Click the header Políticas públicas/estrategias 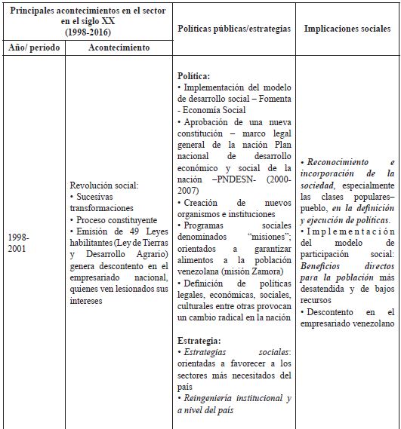click(233, 29)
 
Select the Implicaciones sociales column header click(347, 29)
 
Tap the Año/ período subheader click(33, 47)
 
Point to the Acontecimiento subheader click(119, 47)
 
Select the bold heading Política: click(194, 76)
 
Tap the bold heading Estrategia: click(199, 341)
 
